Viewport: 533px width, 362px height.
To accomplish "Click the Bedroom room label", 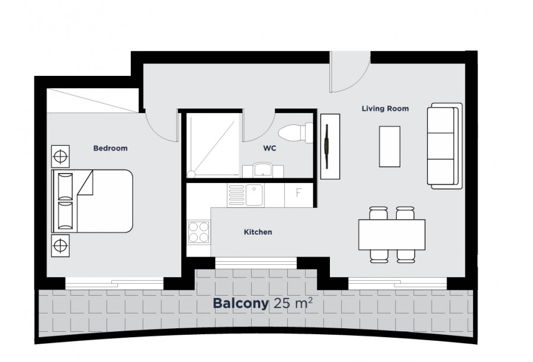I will tap(110, 148).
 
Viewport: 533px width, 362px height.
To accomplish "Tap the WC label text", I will tap(270, 149).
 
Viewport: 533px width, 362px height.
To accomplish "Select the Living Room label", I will tap(385, 108).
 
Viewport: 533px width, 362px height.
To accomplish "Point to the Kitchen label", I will tap(258, 232).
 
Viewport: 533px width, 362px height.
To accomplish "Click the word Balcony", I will tap(240, 304).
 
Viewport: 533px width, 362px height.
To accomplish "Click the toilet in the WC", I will tap(294, 132).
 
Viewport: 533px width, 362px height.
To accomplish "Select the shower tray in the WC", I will tap(213, 145).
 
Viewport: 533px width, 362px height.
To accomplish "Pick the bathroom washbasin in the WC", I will tap(262, 170).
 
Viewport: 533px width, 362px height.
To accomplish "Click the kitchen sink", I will tap(255, 195).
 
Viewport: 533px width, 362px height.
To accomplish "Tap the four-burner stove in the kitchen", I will tap(198, 232).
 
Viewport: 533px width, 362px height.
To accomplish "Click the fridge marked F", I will tap(298, 194).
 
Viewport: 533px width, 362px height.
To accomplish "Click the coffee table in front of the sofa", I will tap(389, 146).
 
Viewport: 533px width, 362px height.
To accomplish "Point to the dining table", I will tap(391, 234).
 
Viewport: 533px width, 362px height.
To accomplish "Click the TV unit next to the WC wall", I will tap(330, 146).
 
